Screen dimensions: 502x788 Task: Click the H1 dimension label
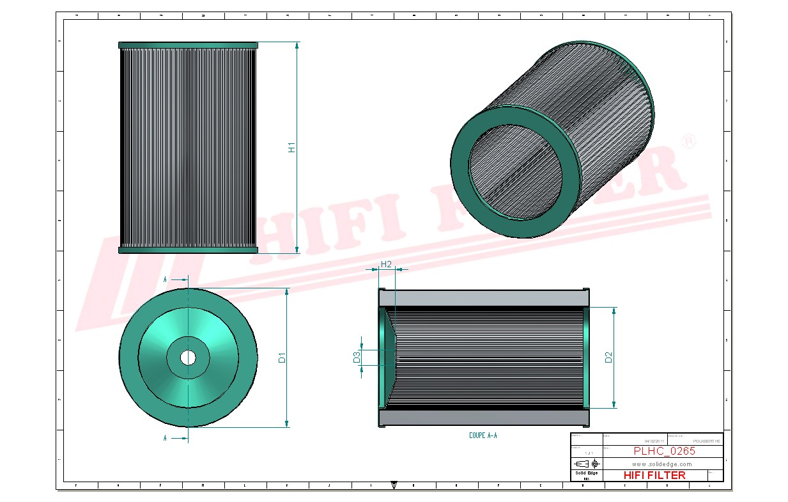click(x=291, y=147)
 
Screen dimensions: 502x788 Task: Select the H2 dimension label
click(x=386, y=264)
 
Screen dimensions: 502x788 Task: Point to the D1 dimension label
click(x=281, y=358)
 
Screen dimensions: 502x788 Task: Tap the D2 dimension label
click(x=608, y=357)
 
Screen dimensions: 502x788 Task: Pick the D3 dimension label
click(x=357, y=357)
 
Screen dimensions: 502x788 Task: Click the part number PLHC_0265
click(x=664, y=451)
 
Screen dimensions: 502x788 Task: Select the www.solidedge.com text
click(x=663, y=464)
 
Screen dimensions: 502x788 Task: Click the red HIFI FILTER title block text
click(x=654, y=475)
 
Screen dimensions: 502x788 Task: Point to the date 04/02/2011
click(x=654, y=441)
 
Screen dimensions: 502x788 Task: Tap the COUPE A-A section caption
click(x=483, y=435)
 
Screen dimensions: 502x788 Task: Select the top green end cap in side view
click(x=188, y=45)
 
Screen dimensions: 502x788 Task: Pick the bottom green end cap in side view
click(x=188, y=250)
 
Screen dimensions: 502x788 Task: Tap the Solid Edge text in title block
click(x=586, y=473)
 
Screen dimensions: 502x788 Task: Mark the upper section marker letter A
click(x=166, y=279)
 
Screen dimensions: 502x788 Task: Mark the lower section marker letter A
click(x=166, y=438)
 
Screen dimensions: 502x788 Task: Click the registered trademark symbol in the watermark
click(x=688, y=141)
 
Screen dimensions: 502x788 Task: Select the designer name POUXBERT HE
click(x=706, y=441)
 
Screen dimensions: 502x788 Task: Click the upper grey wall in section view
click(x=484, y=298)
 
